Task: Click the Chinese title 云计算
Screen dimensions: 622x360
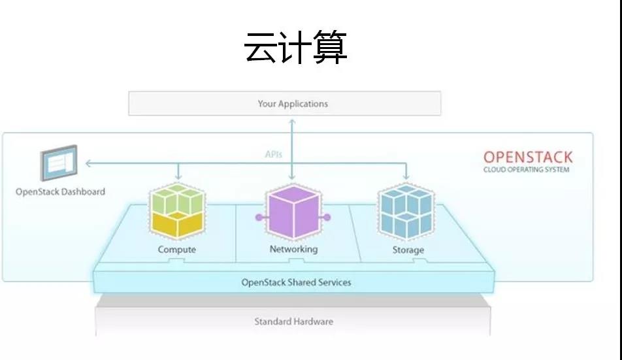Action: pyautogui.click(x=295, y=48)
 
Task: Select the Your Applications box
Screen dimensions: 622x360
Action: pyautogui.click(x=284, y=103)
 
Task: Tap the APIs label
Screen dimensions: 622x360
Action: pyautogui.click(x=273, y=154)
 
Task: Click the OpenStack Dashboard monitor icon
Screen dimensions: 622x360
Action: pyautogui.click(x=59, y=163)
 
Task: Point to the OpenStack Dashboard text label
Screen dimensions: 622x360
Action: pyautogui.click(x=60, y=192)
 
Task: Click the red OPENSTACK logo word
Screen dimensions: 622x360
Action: pyautogui.click(x=528, y=157)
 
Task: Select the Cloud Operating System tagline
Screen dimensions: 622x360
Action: pyautogui.click(x=527, y=170)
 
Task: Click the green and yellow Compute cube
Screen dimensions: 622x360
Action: pyautogui.click(x=177, y=211)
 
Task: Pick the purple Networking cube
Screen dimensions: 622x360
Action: pyautogui.click(x=293, y=212)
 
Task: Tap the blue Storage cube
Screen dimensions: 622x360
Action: pyautogui.click(x=406, y=212)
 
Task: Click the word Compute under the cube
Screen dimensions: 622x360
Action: pyautogui.click(x=177, y=250)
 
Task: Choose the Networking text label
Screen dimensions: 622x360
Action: pyautogui.click(x=293, y=249)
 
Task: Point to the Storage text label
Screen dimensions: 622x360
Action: pyautogui.click(x=408, y=250)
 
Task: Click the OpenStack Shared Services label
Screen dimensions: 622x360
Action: pyautogui.click(x=297, y=282)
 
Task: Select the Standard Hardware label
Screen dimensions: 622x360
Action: pyautogui.click(x=293, y=321)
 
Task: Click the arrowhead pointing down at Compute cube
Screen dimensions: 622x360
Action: pyautogui.click(x=178, y=177)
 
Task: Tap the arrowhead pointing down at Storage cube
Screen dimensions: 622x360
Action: pyautogui.click(x=406, y=177)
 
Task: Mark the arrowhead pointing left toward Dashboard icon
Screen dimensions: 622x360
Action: pyautogui.click(x=88, y=163)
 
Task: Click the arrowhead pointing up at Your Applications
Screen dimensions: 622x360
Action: pyautogui.click(x=292, y=122)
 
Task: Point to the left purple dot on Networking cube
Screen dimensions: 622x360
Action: pyautogui.click(x=259, y=218)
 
